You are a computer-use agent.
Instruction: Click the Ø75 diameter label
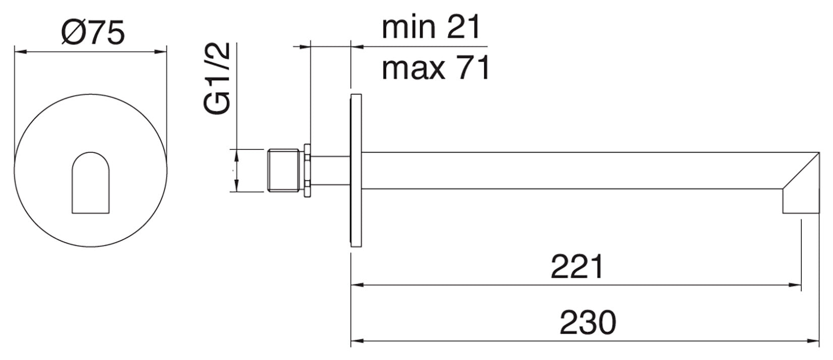pos(93,33)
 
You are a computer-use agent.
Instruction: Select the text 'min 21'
pos(431,27)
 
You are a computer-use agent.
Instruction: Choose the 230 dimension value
pos(588,322)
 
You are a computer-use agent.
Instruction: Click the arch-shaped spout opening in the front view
pos(91,183)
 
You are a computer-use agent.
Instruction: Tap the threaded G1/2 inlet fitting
pos(283,171)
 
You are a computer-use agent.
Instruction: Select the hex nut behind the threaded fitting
pos(307,171)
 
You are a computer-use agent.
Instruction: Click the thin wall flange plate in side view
pos(356,170)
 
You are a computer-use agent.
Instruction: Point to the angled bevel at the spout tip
pos(801,171)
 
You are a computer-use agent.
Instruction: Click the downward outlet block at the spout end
pos(801,201)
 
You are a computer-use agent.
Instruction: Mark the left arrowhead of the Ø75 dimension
pos(21,52)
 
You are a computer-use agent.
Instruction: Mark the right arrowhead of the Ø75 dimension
pos(160,52)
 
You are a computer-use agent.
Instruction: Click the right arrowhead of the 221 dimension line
pos(795,285)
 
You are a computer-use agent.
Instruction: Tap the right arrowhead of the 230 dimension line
pos(812,341)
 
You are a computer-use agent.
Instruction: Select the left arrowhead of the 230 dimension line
pos(357,341)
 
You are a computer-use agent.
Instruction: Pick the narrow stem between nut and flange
pos(330,171)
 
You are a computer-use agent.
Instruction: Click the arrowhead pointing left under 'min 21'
pos(357,46)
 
